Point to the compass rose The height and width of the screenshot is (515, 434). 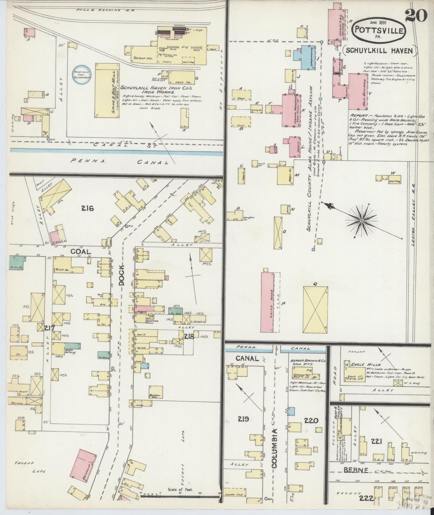pyautogui.click(x=362, y=221)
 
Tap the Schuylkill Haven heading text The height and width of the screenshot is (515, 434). pyautogui.click(x=379, y=50)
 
